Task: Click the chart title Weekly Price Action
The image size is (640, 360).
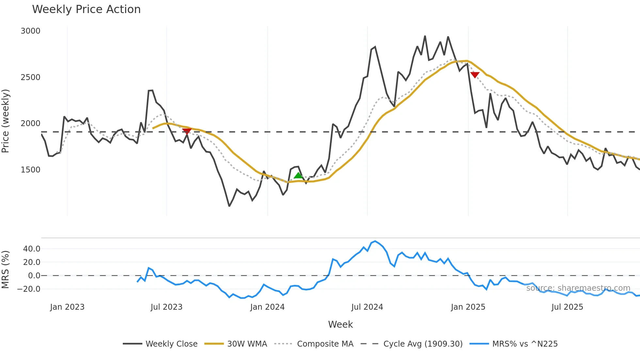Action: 86,9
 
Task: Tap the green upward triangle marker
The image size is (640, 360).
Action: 298,176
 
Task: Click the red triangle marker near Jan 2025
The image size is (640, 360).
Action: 475,75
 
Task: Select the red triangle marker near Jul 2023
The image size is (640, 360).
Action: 187,131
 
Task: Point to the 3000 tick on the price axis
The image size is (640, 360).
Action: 30,31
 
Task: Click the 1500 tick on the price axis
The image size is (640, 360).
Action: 30,170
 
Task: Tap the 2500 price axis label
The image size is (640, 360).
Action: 30,77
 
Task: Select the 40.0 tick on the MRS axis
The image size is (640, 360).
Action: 32,249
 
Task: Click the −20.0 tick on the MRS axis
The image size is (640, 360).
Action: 29,289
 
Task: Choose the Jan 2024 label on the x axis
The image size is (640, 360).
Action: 267,307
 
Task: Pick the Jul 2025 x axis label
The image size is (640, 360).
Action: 567,307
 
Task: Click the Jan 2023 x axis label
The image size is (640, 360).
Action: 67,307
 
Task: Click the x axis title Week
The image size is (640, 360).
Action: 340,324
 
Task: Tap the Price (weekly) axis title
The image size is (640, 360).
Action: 6,121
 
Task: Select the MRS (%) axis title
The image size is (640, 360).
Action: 6,270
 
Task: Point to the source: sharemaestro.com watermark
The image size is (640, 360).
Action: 578,288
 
